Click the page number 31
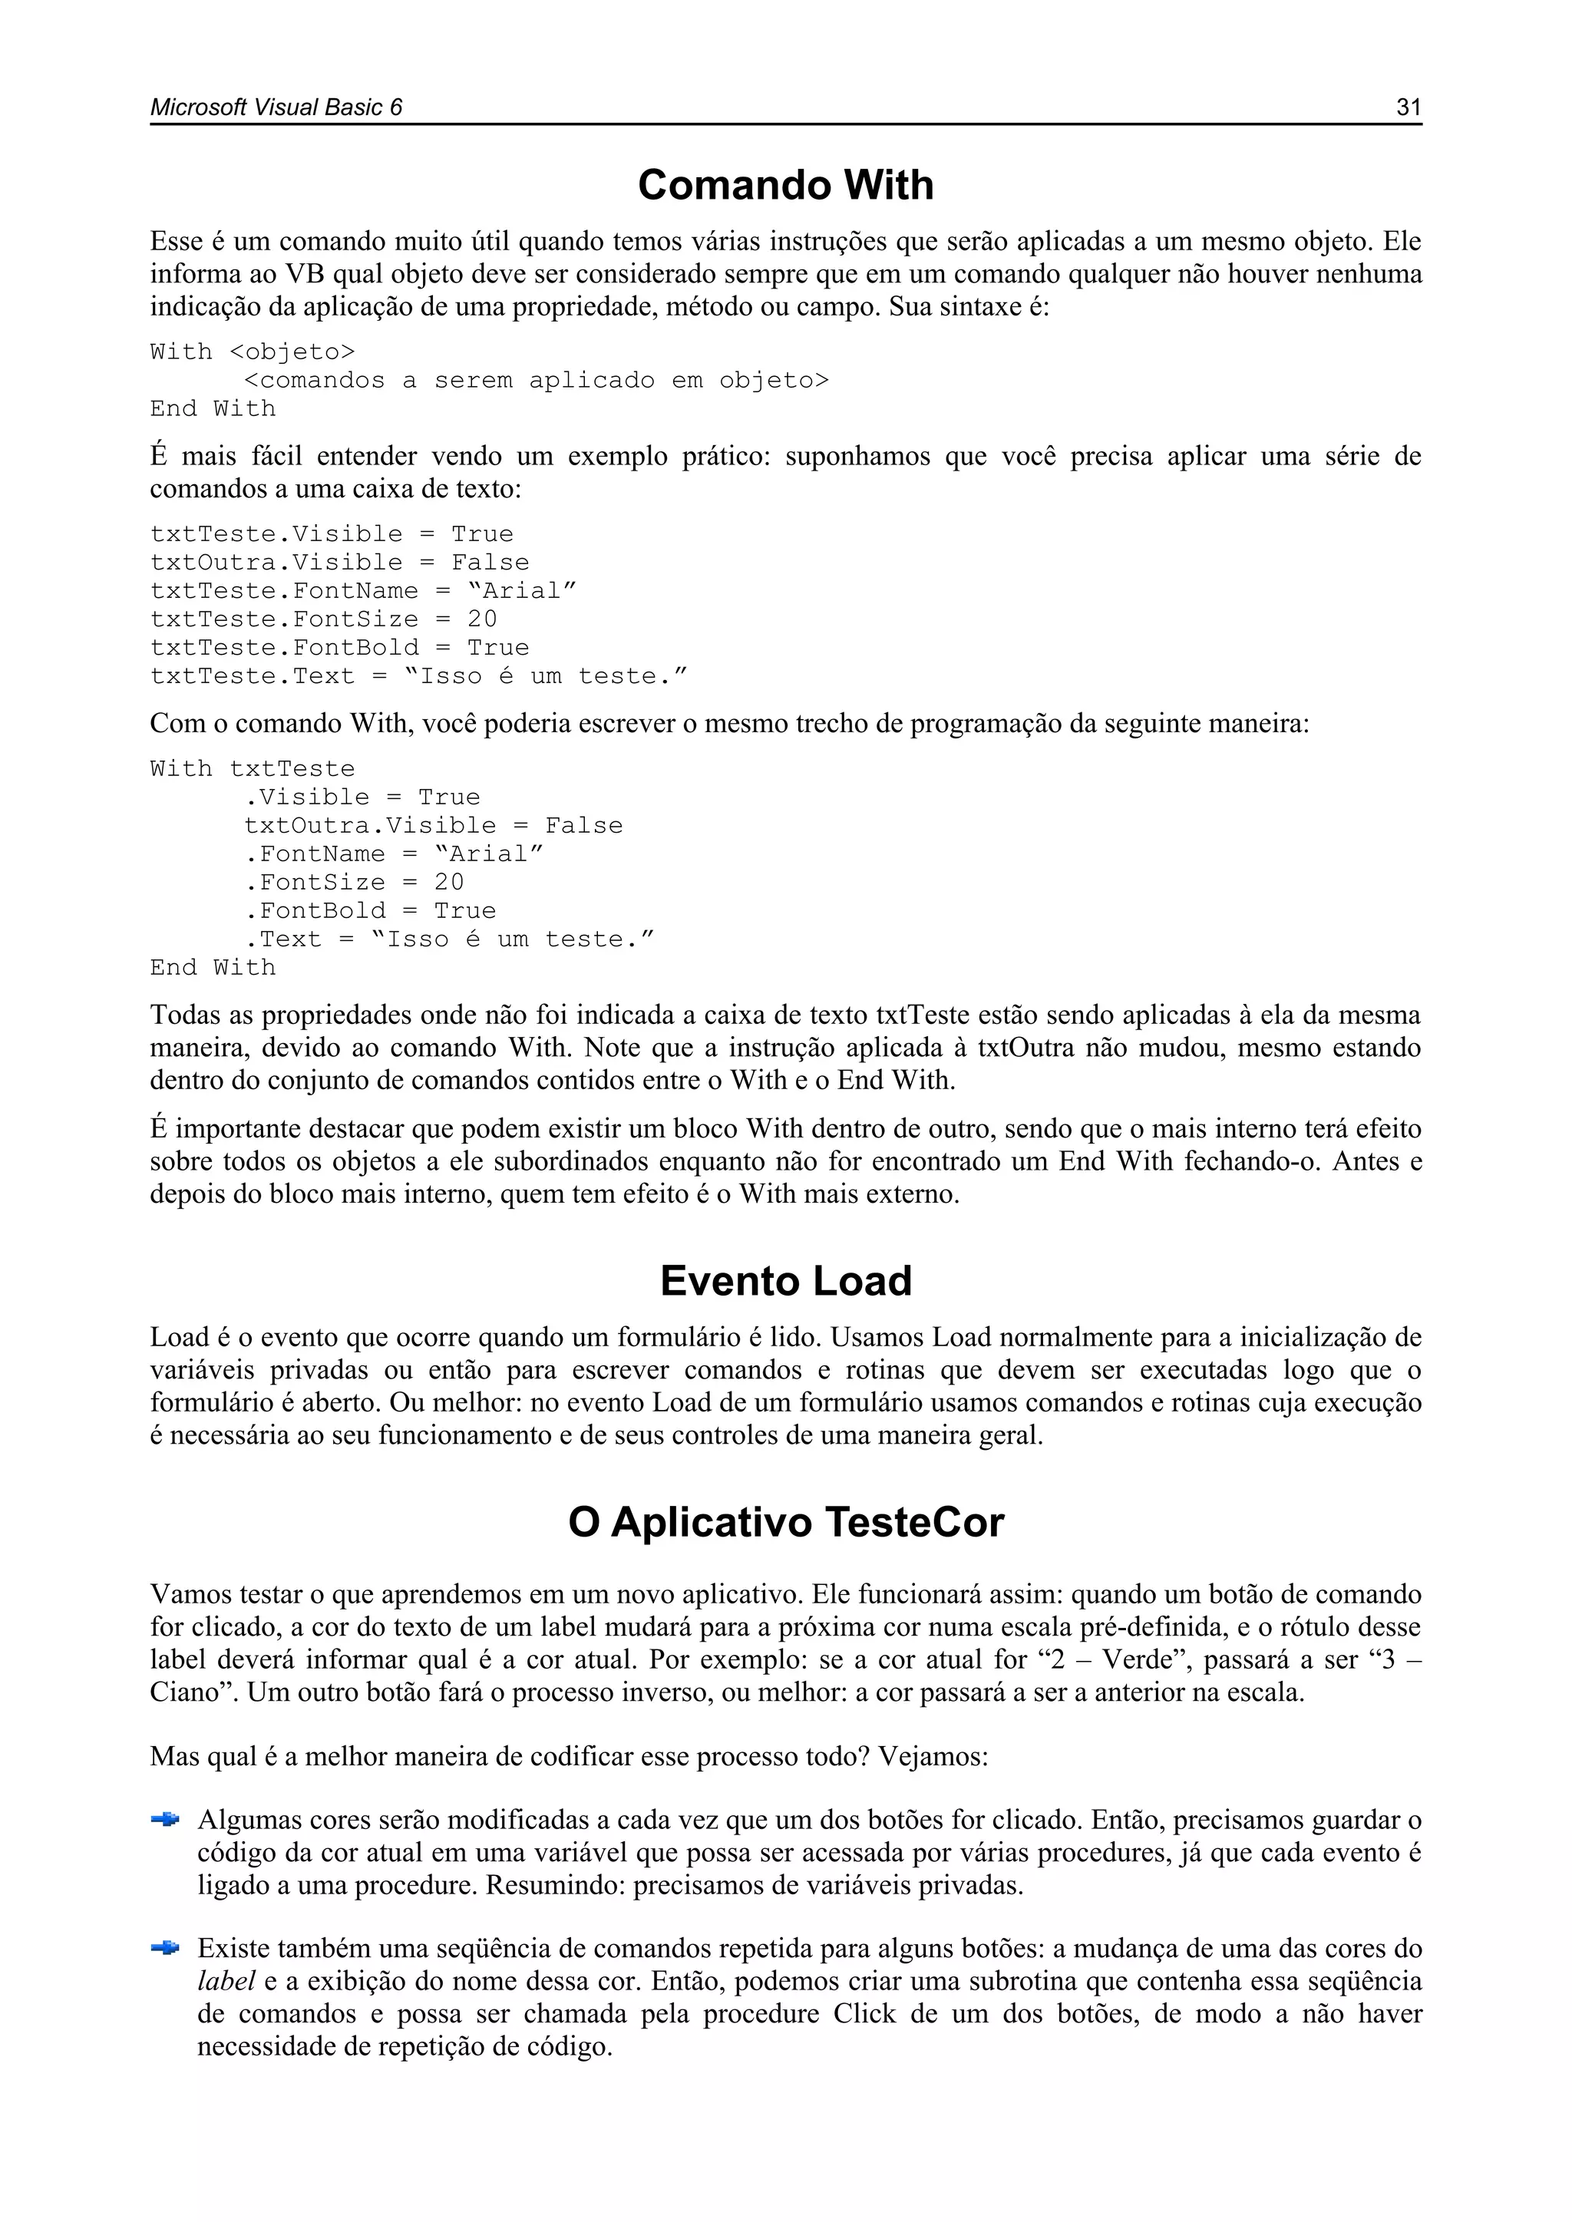tap(1409, 107)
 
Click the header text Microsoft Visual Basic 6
tap(276, 107)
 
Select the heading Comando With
tap(785, 185)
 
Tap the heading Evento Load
tap(785, 1280)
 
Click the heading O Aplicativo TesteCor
tap(785, 1521)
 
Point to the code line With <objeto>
tap(253, 352)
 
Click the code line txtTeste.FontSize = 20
tap(323, 619)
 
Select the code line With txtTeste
tap(253, 769)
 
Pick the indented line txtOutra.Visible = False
tap(433, 826)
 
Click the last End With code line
tap(213, 968)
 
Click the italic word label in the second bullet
tap(226, 1981)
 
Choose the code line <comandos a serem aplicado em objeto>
tap(537, 381)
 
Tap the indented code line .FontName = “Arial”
tap(394, 853)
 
